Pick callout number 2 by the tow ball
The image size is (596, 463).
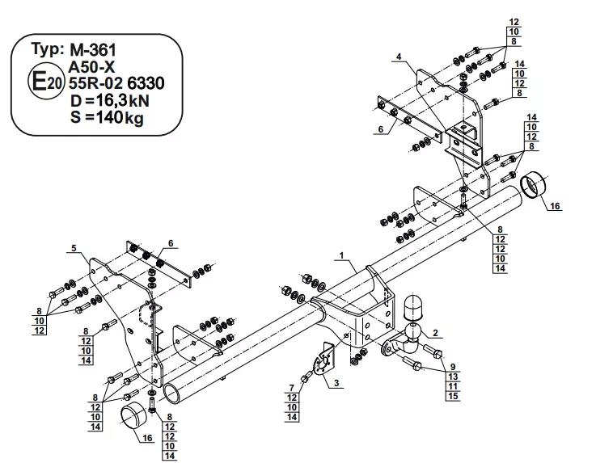pyautogui.click(x=435, y=332)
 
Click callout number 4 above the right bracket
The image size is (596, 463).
pyautogui.click(x=399, y=56)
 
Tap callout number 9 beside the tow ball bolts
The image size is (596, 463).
pyautogui.click(x=453, y=366)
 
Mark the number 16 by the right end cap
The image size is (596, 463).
pyautogui.click(x=555, y=207)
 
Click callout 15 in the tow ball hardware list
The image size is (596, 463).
pyautogui.click(x=453, y=395)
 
